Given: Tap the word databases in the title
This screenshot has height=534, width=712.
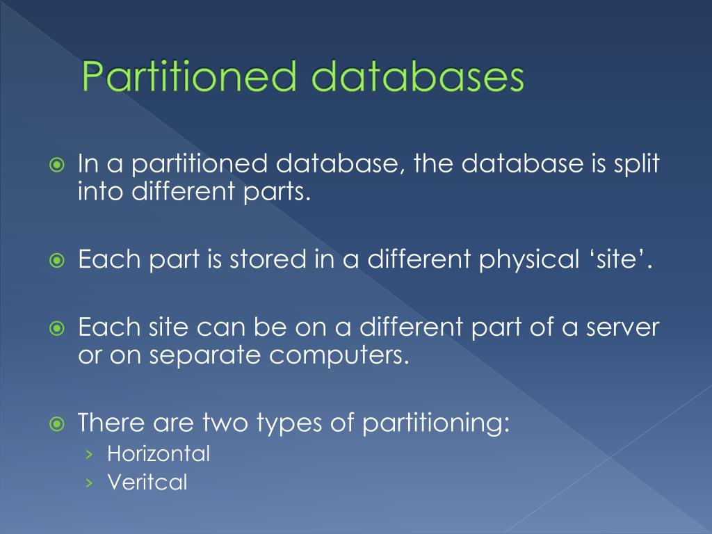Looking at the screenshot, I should [x=416, y=78].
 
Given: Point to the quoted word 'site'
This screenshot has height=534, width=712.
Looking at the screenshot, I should [x=625, y=260].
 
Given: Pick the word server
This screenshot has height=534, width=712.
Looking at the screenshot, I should [x=621, y=327].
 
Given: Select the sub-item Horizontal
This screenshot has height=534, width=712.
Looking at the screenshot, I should [x=159, y=454].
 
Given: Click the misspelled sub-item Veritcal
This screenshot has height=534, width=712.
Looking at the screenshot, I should [x=147, y=482].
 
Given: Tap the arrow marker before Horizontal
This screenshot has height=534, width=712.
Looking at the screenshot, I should [x=88, y=455].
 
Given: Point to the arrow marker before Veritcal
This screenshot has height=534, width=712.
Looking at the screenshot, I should [x=88, y=483].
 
